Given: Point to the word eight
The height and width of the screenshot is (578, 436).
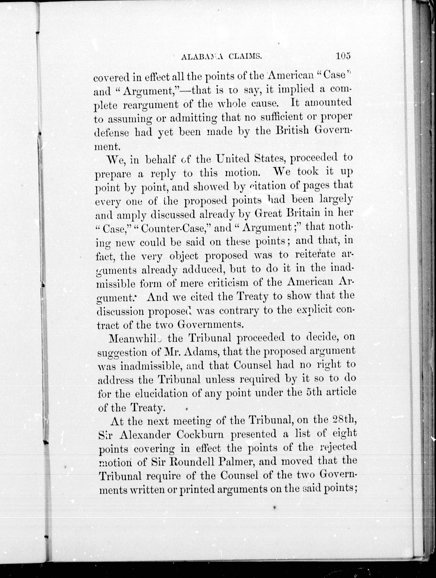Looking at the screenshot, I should pyautogui.click(x=344, y=434).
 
